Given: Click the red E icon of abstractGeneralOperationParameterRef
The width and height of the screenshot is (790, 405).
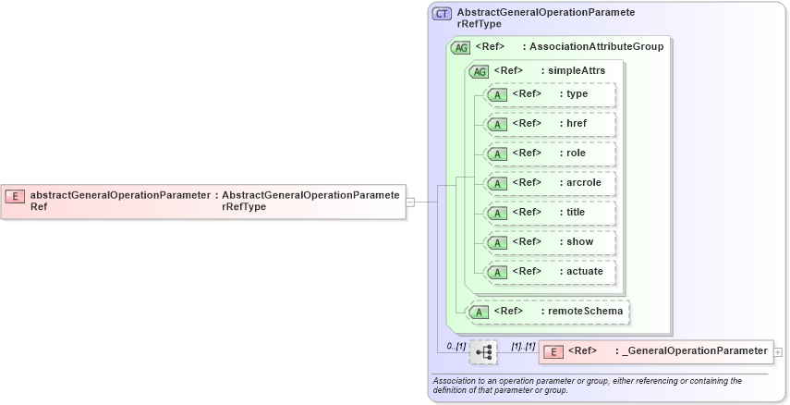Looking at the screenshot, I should [15, 195].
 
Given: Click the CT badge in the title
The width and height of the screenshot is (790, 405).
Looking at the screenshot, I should [443, 14].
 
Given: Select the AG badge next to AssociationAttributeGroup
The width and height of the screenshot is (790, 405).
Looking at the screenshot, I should [459, 47].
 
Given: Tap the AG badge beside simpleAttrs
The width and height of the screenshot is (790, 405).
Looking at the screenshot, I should [479, 71].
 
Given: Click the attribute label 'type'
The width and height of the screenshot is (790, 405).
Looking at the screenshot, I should [577, 93].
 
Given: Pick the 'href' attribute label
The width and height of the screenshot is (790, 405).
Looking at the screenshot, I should [577, 123].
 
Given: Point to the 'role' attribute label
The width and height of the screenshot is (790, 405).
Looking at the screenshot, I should [577, 153].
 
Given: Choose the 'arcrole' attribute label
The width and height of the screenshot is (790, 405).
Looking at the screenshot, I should [584, 182].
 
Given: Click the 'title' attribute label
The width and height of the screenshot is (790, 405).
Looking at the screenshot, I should [577, 212].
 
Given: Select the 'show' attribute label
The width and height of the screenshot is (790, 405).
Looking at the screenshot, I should [578, 241].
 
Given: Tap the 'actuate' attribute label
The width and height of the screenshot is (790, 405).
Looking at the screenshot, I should [585, 271].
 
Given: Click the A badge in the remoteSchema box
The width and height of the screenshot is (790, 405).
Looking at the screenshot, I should [479, 312].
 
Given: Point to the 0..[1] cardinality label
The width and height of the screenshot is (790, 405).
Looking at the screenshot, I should [456, 345].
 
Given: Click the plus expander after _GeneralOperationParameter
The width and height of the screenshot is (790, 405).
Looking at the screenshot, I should [778, 351].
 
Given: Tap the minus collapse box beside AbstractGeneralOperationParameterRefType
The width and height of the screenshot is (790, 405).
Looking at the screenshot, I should [410, 202].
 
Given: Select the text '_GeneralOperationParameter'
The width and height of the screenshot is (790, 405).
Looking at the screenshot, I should [695, 350].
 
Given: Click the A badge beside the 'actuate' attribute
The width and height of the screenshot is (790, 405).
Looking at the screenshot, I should [497, 272].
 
